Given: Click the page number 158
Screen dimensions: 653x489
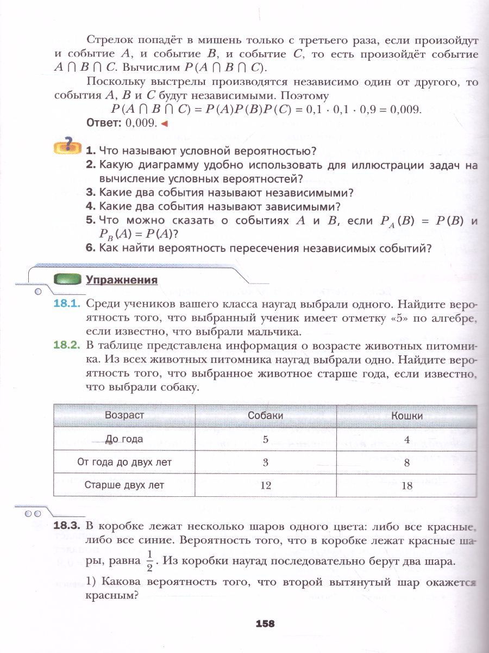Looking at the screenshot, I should point(265,624).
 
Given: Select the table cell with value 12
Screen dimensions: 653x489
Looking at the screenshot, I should point(265,485).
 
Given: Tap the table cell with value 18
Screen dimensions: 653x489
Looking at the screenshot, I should point(407,486).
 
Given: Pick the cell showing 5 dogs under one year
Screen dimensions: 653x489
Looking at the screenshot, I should point(265,439).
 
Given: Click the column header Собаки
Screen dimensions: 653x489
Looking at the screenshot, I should point(265,415).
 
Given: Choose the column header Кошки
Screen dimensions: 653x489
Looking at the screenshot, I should point(407,415).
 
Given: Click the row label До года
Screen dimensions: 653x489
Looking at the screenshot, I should point(124,439).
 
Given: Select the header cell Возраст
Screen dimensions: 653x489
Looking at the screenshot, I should point(124,415).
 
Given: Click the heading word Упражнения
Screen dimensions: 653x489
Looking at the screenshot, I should point(121,280).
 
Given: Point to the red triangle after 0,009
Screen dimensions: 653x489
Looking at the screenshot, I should point(164,124).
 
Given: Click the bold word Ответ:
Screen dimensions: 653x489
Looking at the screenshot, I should point(104,123).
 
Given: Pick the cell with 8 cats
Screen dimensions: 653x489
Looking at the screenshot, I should point(407,463).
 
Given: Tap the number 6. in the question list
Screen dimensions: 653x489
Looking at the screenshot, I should point(90,248).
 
